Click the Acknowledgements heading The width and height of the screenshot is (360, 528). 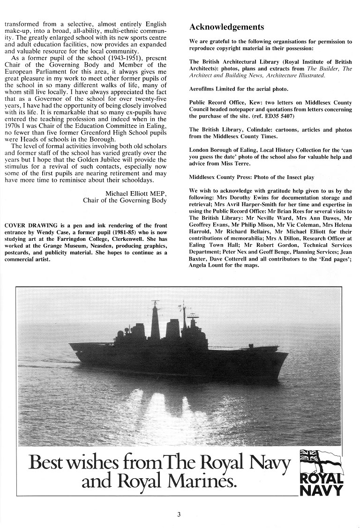click(x=226, y=27)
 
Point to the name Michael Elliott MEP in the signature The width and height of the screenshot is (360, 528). click(x=133, y=193)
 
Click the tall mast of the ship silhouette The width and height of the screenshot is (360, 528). click(x=155, y=319)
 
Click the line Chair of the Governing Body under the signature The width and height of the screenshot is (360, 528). click(x=124, y=201)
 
